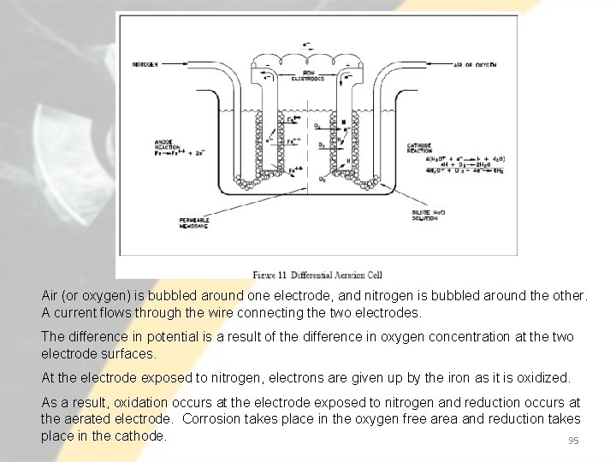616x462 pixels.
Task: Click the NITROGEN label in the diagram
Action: (145, 65)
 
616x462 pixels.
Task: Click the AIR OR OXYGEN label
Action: (475, 65)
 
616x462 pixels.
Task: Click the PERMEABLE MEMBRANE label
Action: (196, 223)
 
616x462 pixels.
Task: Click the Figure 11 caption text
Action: (317, 275)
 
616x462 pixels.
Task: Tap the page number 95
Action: (574, 441)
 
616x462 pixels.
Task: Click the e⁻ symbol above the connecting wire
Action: (306, 44)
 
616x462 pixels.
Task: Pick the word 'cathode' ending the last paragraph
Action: (141, 435)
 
